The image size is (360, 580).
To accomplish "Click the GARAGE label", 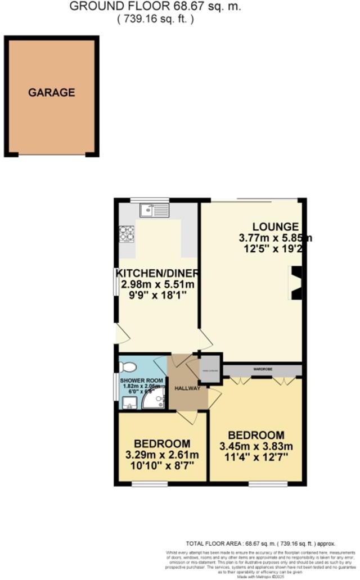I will coord(52,93).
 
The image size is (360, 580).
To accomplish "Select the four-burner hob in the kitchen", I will coord(127,233).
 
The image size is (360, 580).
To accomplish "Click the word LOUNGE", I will coord(275,226).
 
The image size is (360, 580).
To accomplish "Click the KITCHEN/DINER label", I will coord(157,274).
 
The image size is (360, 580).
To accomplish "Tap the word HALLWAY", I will coord(186,388).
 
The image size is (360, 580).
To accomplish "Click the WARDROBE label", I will coord(263,370).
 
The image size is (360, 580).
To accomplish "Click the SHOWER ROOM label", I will coord(143,380).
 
